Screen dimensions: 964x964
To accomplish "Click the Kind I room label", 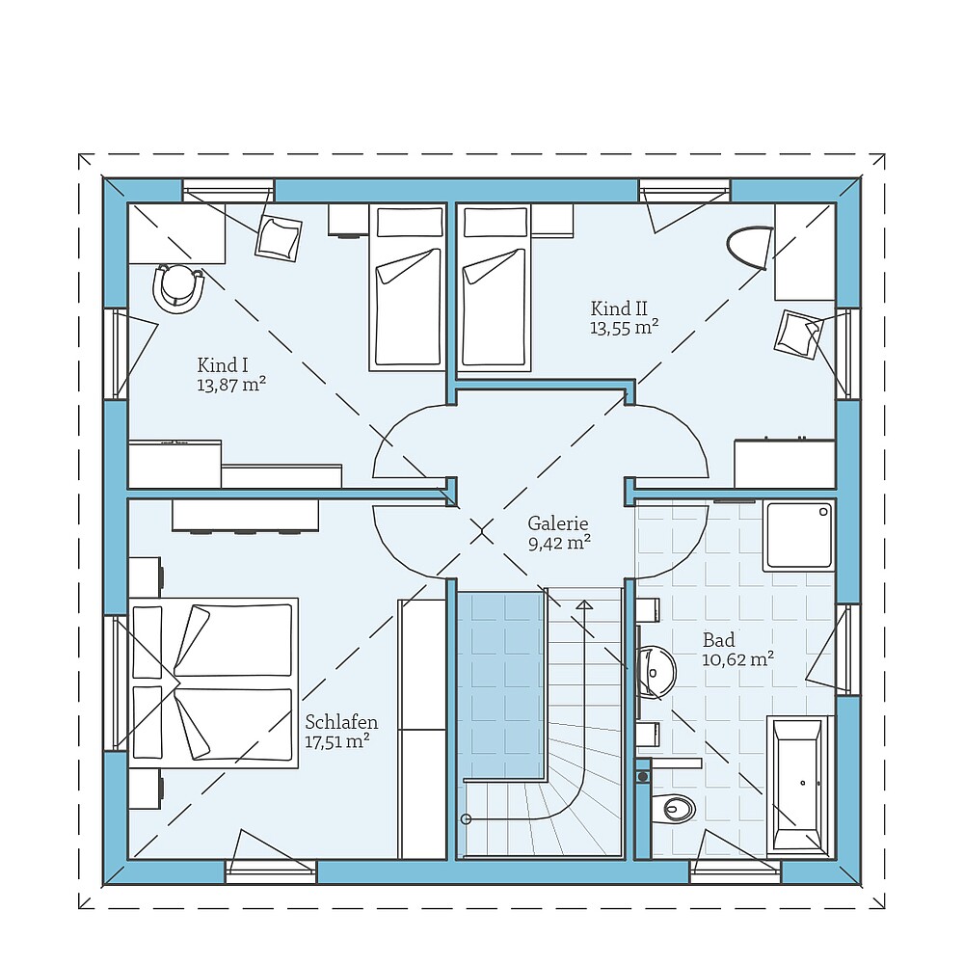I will coord(223,364).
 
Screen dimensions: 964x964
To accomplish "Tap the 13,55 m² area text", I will coord(624,328).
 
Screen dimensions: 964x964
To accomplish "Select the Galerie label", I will coord(558,523).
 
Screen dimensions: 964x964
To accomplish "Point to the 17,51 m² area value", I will coord(337,741).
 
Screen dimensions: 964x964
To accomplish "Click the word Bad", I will coord(718,640).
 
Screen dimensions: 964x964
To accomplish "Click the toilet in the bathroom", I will coord(674,808).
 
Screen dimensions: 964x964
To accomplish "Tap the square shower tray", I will coord(798,535).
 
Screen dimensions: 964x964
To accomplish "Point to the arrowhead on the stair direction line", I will coord(583,604).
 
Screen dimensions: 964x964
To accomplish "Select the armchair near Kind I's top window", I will coord(278,237).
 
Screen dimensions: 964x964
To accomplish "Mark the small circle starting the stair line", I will coord(467,819).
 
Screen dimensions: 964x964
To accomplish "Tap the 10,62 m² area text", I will coord(738,660).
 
